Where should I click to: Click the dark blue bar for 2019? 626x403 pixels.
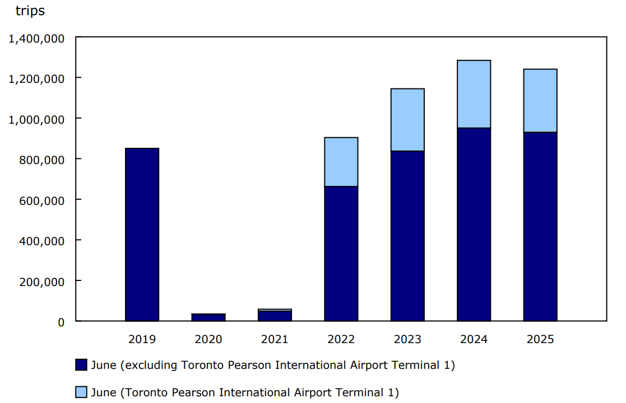tap(142, 235)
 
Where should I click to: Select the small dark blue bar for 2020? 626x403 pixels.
tap(208, 317)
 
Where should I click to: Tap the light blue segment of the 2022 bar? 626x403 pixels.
tap(341, 162)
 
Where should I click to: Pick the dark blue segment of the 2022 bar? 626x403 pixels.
tap(341, 254)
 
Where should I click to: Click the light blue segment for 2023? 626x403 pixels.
tap(407, 120)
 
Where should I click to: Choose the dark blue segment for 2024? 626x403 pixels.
tap(474, 224)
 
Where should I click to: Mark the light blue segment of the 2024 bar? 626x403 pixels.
tap(474, 94)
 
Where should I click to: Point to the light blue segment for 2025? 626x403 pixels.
tap(540, 101)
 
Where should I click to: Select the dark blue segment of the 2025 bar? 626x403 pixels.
tap(540, 227)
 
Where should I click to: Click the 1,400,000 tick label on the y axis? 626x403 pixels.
tap(37, 39)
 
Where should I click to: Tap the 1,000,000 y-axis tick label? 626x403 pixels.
tap(37, 119)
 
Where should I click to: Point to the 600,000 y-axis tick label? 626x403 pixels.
tap(43, 200)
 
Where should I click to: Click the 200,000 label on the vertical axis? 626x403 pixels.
tap(43, 282)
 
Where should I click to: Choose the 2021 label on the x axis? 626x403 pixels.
tap(275, 339)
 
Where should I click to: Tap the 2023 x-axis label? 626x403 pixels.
tap(407, 339)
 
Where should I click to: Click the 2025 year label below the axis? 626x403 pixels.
tap(540, 339)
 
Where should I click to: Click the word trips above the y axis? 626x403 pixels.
tap(30, 11)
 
